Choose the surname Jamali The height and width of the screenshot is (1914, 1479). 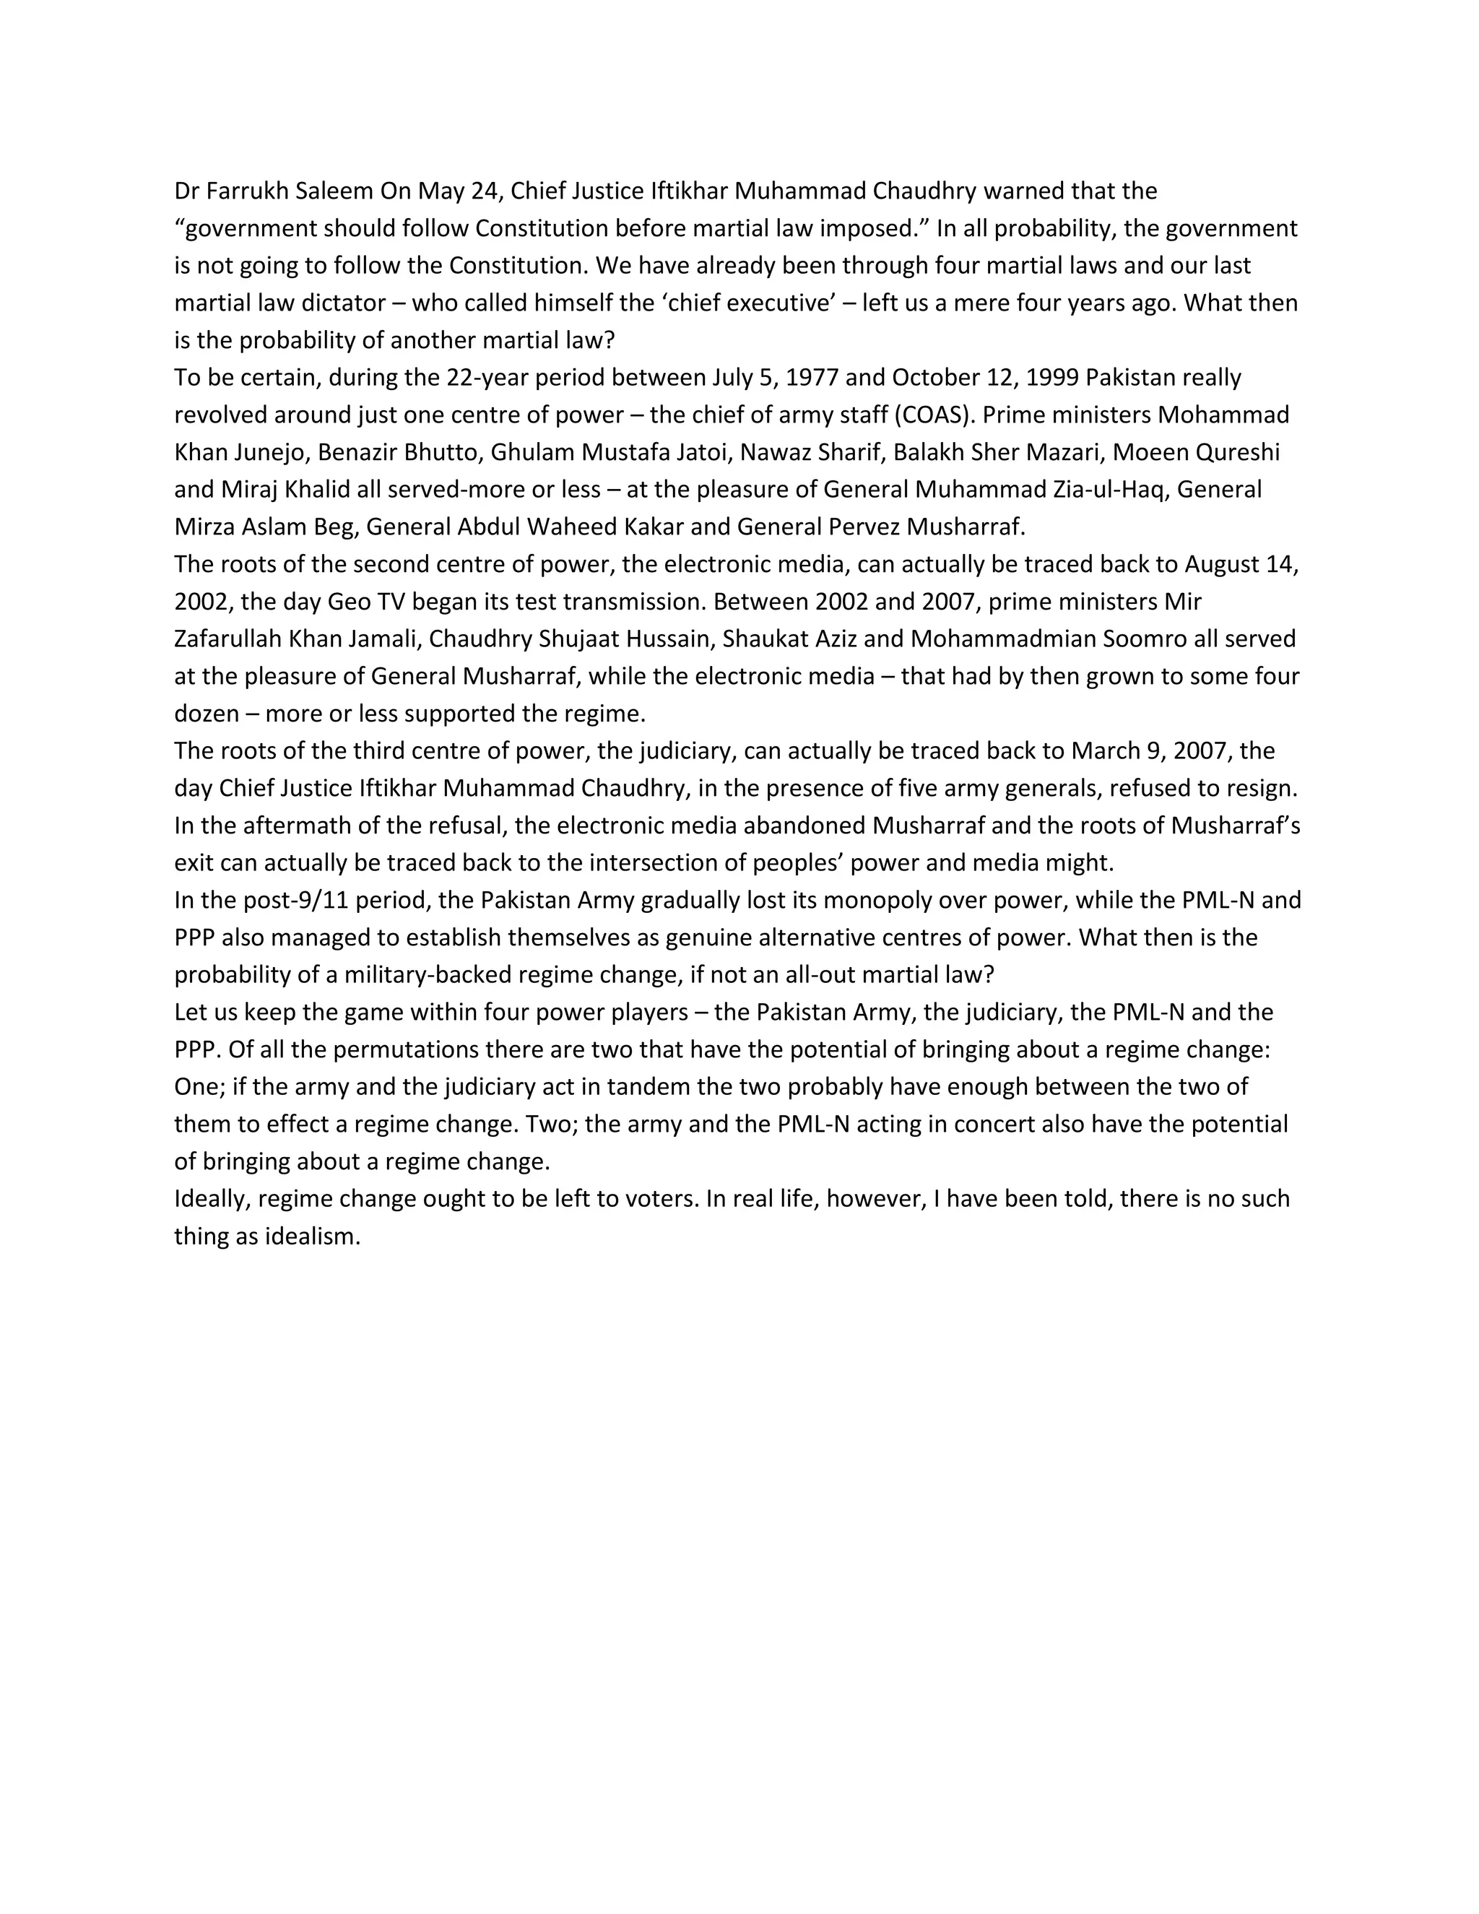(382, 639)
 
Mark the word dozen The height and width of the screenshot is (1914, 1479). (206, 714)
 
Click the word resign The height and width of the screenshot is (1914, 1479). (1261, 789)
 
